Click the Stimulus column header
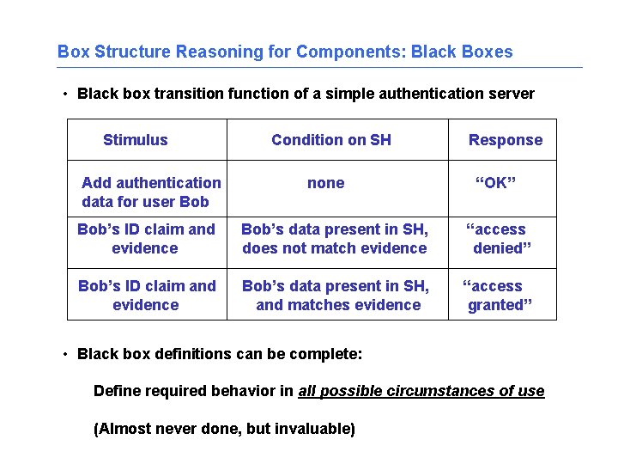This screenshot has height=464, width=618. [135, 140]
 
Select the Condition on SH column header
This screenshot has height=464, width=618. [330, 140]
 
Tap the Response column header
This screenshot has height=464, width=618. [505, 140]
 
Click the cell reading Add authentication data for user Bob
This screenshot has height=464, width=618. [150, 192]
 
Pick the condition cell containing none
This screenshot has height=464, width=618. [325, 183]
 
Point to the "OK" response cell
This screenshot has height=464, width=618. [495, 183]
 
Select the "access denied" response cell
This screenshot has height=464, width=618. [500, 239]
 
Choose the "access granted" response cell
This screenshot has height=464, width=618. [498, 296]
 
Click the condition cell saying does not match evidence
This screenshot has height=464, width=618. [334, 239]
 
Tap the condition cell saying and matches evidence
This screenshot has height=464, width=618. [337, 296]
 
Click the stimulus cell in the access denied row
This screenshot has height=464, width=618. [146, 239]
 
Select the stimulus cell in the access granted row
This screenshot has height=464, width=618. [146, 296]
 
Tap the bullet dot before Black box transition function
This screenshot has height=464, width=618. [65, 94]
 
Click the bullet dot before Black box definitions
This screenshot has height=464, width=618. [65, 354]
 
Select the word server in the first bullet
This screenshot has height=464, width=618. [512, 94]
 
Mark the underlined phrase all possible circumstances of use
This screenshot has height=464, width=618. [421, 392]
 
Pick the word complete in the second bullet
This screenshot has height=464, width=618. [330, 354]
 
